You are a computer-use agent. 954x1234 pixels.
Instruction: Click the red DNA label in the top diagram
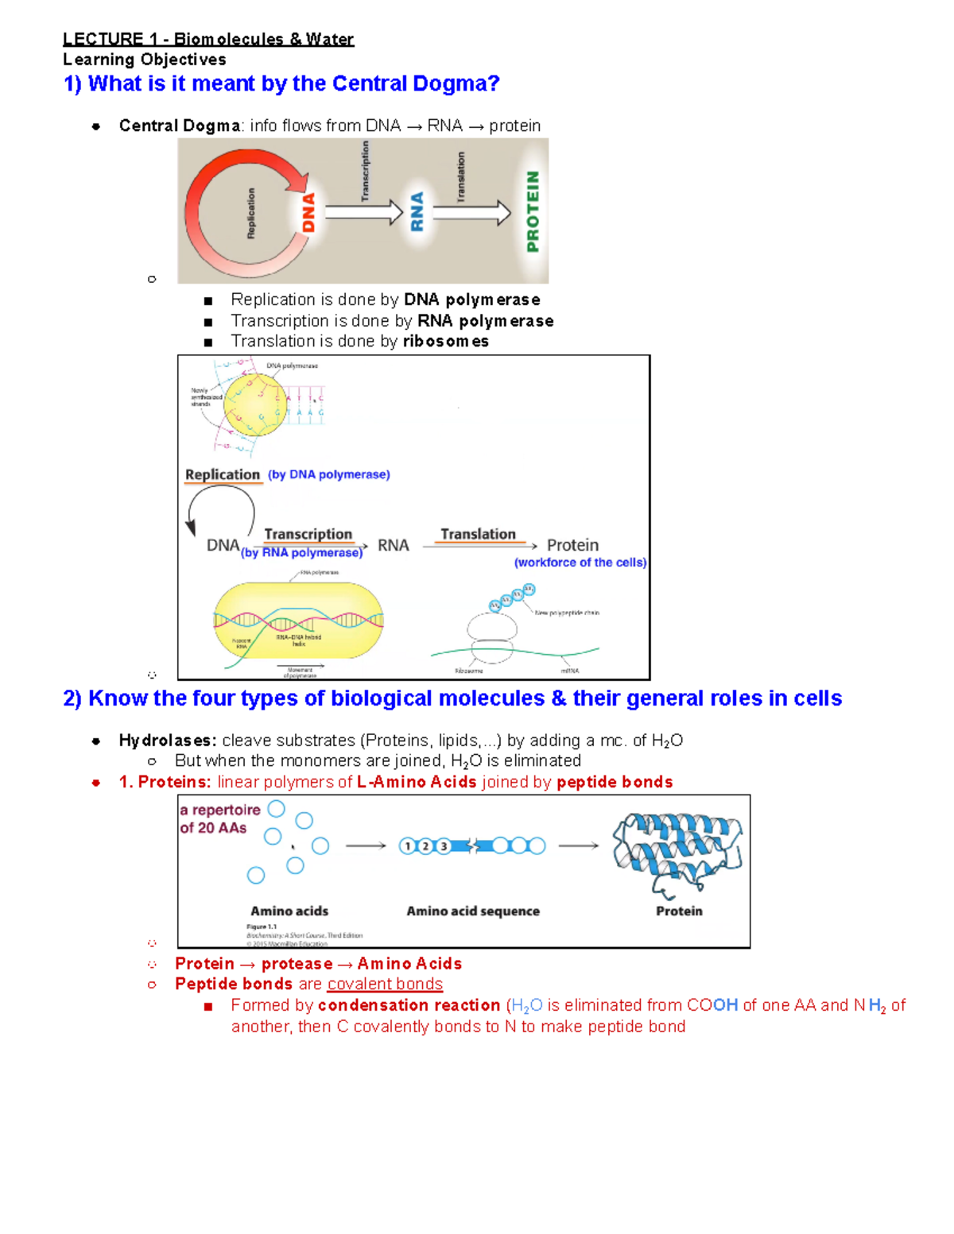(x=308, y=212)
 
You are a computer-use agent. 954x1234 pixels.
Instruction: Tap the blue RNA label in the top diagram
(x=417, y=211)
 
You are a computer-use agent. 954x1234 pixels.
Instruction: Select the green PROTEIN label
(x=533, y=211)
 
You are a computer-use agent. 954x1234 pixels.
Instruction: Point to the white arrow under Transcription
(x=363, y=212)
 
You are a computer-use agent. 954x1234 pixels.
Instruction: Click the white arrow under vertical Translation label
(x=471, y=212)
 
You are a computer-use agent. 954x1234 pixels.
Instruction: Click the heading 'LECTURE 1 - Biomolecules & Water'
(x=208, y=39)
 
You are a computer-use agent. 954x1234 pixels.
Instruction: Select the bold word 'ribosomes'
(x=445, y=341)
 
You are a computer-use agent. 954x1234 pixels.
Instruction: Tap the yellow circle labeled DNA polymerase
(x=254, y=404)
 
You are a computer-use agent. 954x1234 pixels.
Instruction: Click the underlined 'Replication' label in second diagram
(x=223, y=474)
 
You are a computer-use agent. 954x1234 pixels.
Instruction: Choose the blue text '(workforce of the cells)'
(x=580, y=563)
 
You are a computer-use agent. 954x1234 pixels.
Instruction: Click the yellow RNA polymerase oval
(x=298, y=620)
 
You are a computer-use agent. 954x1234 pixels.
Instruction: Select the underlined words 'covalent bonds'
(x=385, y=984)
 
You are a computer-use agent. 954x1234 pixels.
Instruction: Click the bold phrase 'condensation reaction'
(x=409, y=1005)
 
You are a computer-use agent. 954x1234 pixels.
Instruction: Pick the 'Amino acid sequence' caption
(x=473, y=911)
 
